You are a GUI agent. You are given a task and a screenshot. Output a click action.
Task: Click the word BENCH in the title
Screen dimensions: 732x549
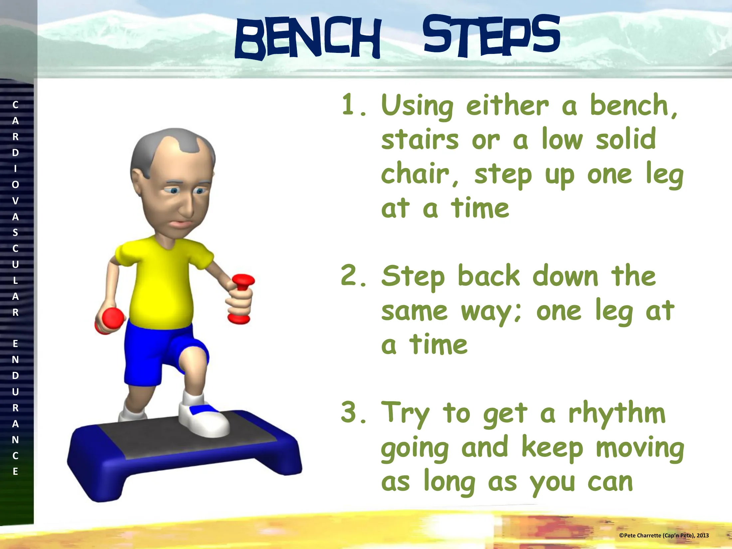[308, 37]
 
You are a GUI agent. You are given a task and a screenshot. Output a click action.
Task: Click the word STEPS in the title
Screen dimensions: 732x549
[491, 35]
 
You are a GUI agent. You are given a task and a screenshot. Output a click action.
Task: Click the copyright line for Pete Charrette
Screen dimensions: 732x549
[664, 535]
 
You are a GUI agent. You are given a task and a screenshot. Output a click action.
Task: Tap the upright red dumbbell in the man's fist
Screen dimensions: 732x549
[240, 298]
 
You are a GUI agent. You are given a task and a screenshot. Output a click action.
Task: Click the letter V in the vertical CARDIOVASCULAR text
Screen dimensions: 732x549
[15, 201]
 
